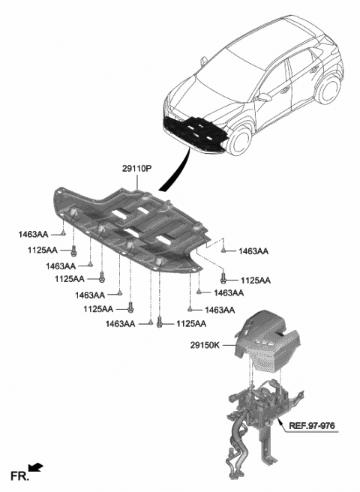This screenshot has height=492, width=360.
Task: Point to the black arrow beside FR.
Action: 36,467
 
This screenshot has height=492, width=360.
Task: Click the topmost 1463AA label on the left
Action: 33,235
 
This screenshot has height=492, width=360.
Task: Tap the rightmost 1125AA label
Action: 255,280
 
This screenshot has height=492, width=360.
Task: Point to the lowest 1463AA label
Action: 119,324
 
